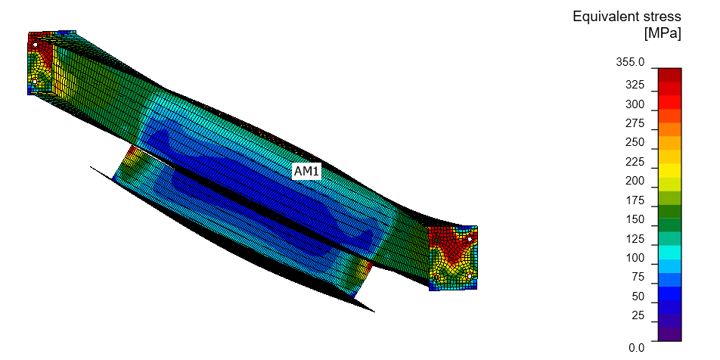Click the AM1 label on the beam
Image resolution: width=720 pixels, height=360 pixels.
tap(307, 172)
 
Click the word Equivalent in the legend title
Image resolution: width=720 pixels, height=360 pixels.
tap(604, 17)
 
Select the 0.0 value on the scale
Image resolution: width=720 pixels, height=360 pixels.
tap(636, 348)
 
